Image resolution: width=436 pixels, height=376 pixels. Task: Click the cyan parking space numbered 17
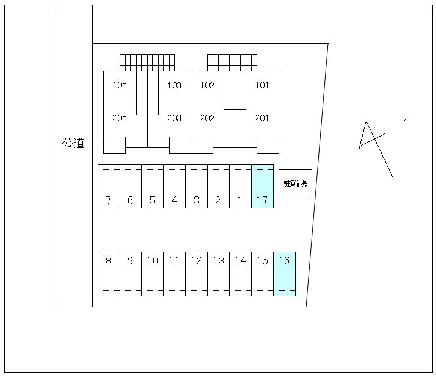point(262,186)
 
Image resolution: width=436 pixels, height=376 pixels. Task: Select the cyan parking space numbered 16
point(284,274)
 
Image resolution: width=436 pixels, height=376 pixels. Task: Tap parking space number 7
point(109,186)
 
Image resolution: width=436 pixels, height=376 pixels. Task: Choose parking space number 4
point(174,186)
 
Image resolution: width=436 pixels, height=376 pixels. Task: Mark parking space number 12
point(196,274)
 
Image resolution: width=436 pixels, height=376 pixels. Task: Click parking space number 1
point(240,186)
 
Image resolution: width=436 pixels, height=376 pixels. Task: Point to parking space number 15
point(262,274)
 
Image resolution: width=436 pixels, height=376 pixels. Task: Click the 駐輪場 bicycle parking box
point(295,183)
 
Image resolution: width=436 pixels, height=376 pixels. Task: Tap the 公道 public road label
point(73,143)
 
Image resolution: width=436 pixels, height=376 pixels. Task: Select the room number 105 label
point(120,85)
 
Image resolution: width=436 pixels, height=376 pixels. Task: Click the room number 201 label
point(262,118)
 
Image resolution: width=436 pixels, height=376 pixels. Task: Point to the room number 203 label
point(174,118)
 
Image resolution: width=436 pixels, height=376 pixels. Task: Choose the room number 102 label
point(207,85)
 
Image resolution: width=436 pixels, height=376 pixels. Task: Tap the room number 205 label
point(120,118)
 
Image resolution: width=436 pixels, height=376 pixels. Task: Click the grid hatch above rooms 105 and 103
point(148,63)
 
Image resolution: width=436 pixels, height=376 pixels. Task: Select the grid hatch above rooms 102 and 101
point(232,63)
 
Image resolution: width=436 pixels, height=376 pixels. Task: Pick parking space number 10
point(152,274)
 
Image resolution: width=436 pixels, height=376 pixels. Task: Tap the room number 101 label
point(262,85)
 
